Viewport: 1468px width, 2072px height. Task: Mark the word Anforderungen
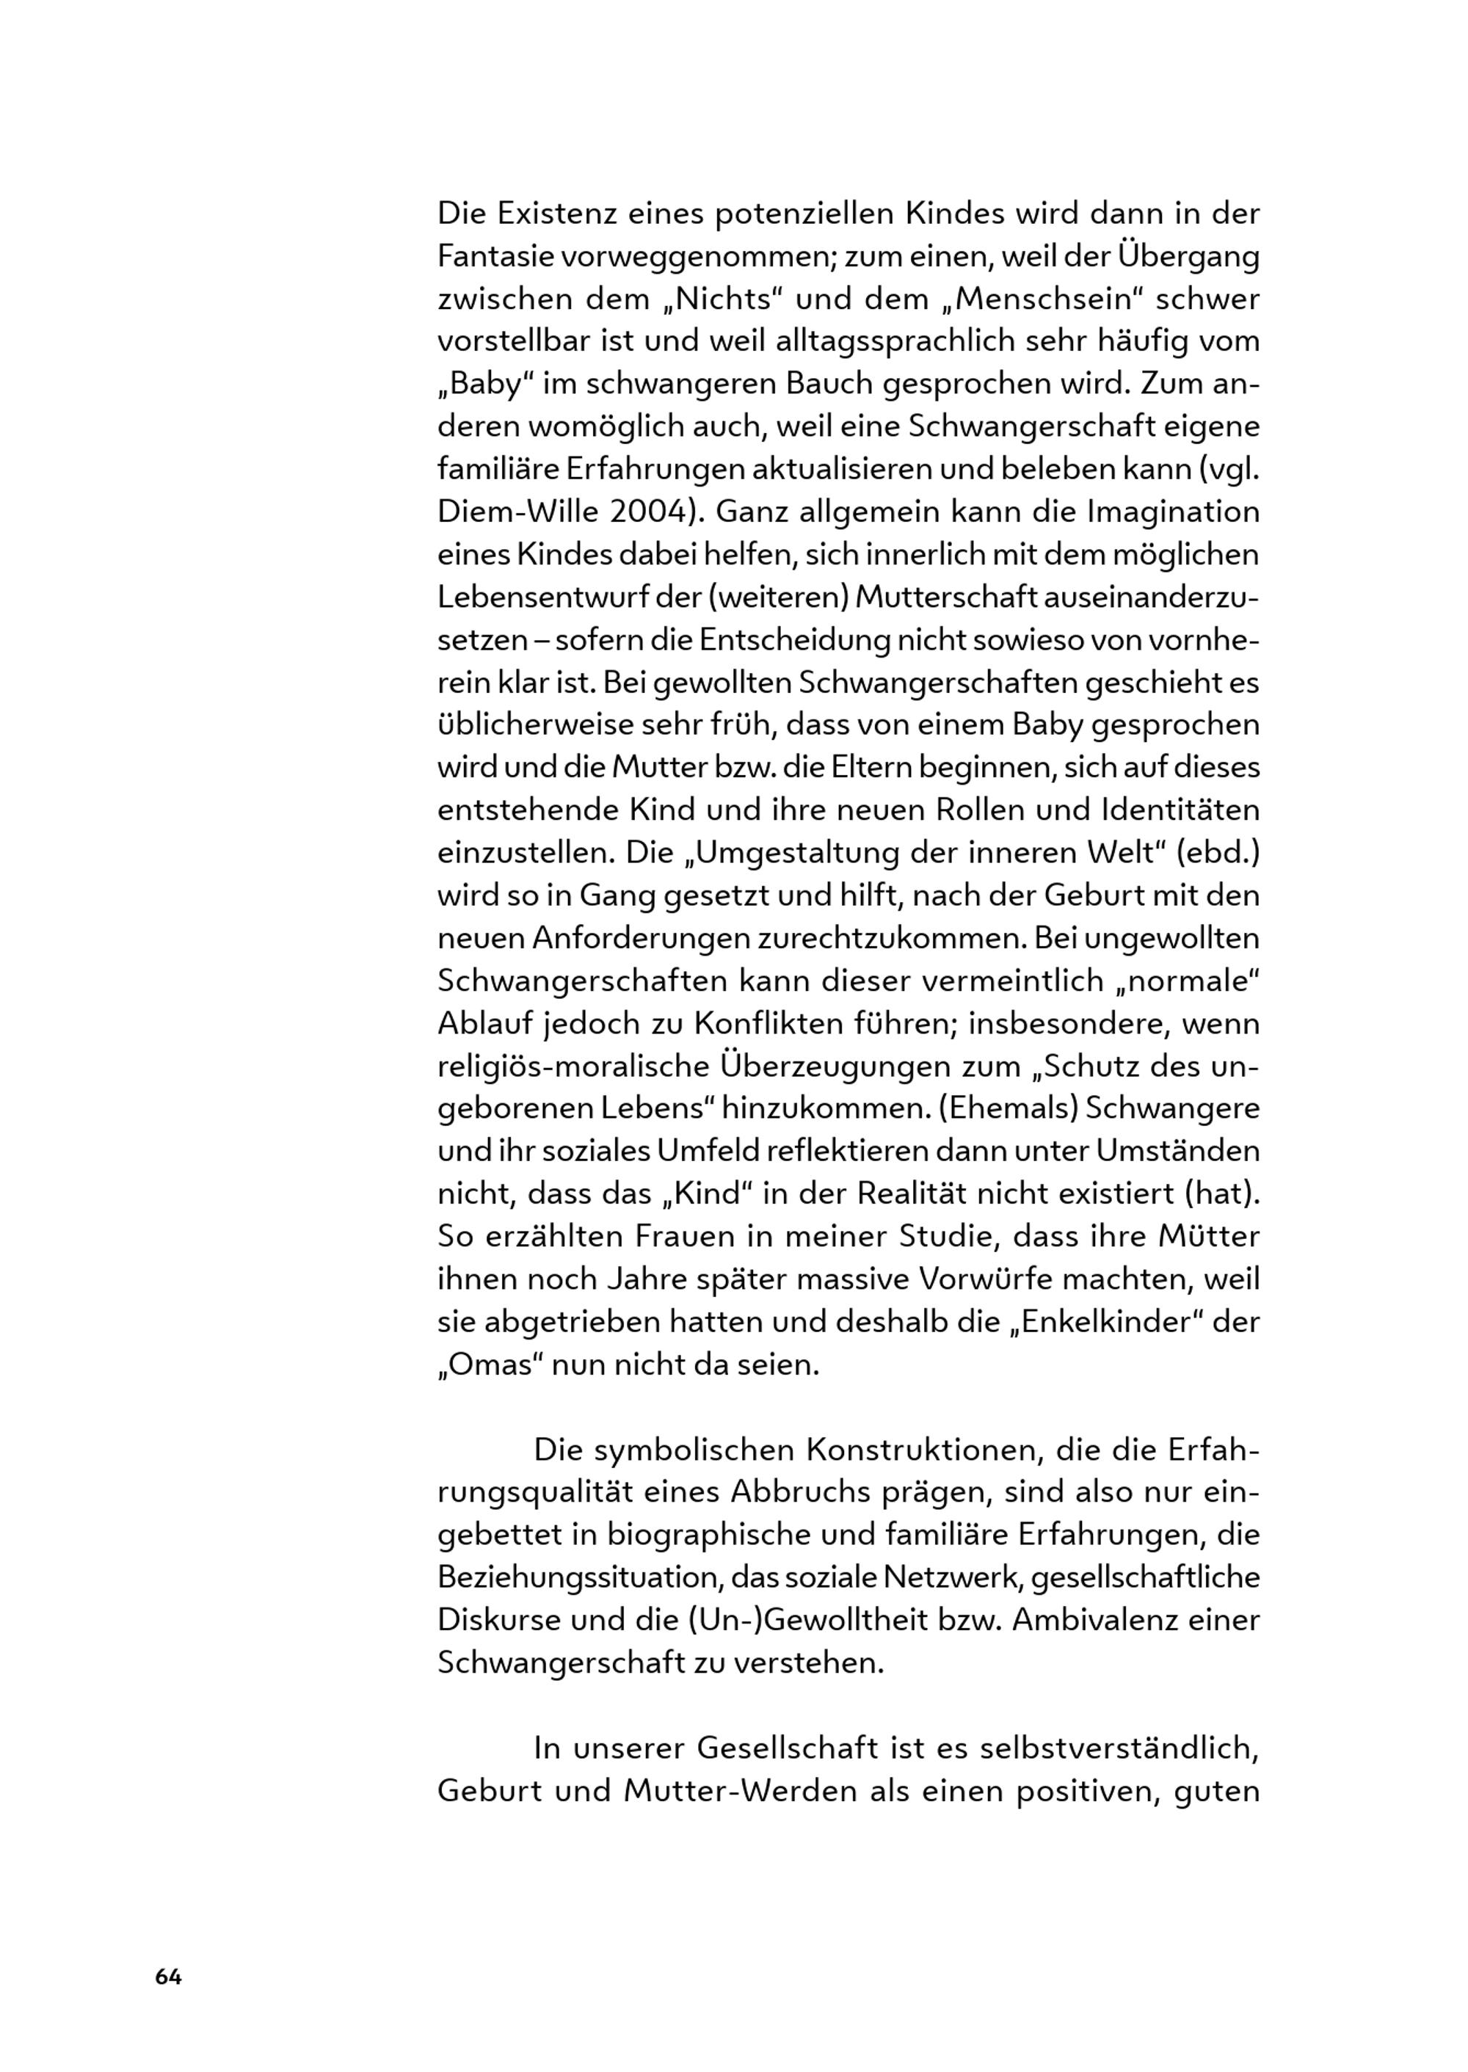coord(640,937)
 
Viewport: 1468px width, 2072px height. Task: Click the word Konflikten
coord(765,1023)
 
